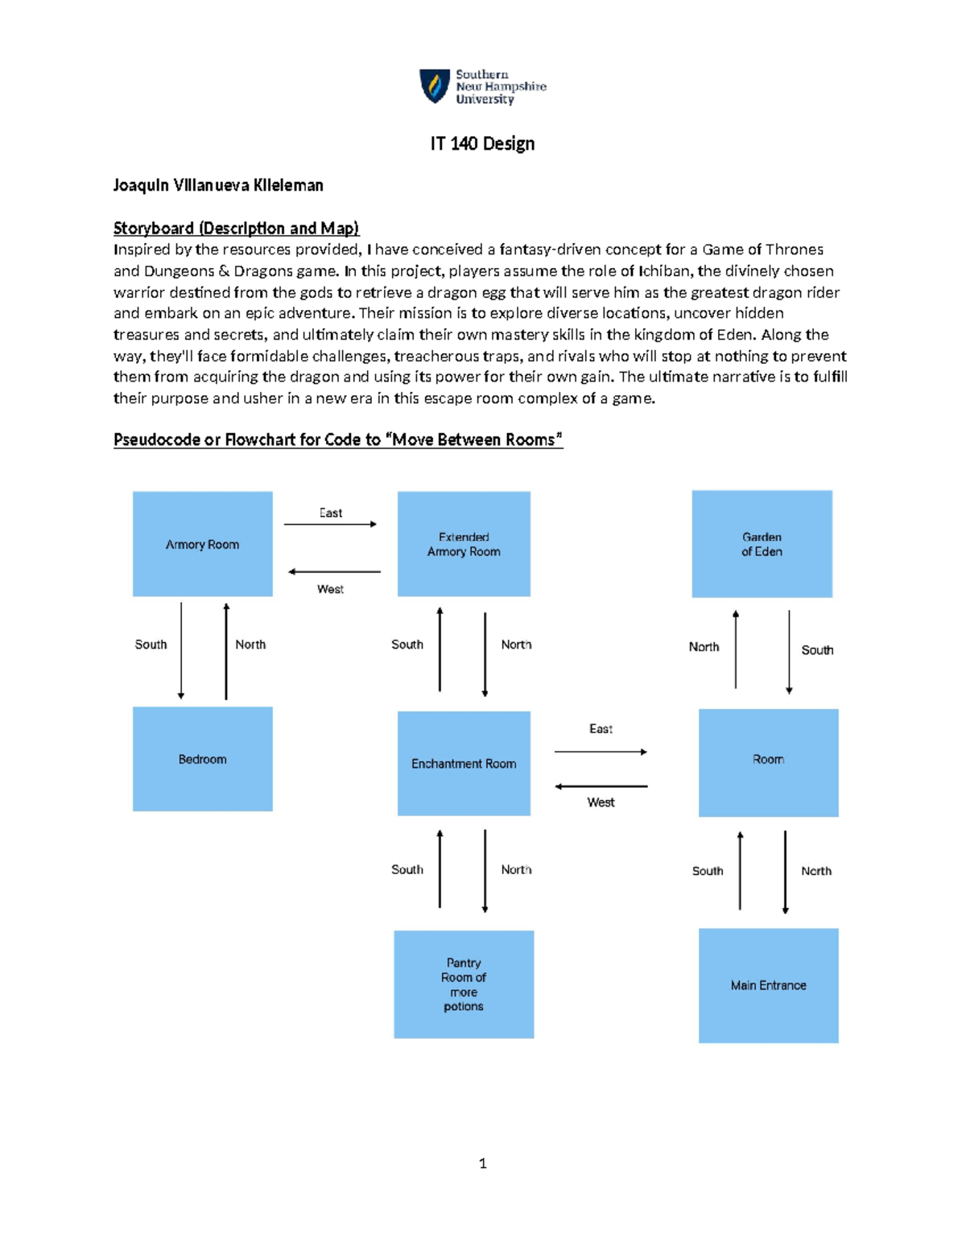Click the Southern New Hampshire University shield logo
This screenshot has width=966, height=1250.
coord(435,86)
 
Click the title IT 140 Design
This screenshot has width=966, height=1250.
coord(482,144)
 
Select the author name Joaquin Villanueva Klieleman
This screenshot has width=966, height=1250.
coord(218,186)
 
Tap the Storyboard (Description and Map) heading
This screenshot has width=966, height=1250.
coord(236,229)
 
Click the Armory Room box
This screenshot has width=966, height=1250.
coord(202,544)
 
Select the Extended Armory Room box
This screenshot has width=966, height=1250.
coord(464,544)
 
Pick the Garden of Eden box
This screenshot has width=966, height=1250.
coord(762,544)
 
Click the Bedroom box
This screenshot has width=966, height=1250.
coord(202,759)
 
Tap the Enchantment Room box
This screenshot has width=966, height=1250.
coord(464,763)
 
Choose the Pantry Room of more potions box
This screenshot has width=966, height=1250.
coord(464,984)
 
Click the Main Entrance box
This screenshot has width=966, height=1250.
coord(768,985)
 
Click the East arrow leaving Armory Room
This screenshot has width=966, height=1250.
coord(330,524)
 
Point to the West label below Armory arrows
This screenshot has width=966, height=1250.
coord(330,589)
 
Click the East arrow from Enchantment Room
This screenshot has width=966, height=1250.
coord(601,752)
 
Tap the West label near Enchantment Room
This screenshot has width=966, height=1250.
coord(601,802)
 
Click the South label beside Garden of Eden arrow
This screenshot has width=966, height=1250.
coord(817,650)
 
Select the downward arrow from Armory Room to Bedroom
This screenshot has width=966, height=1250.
coord(181,650)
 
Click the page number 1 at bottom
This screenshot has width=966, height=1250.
coord(482,1163)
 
